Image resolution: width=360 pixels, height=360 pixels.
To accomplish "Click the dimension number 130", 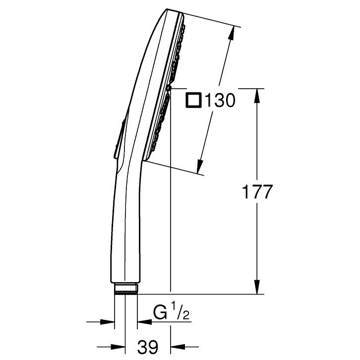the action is pyautogui.click(x=220, y=100).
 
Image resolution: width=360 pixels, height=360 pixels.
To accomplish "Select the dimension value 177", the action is pyautogui.click(x=257, y=192).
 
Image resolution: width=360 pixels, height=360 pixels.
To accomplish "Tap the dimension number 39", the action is pyautogui.click(x=148, y=347).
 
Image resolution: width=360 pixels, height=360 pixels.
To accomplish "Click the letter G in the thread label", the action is pyautogui.click(x=160, y=312).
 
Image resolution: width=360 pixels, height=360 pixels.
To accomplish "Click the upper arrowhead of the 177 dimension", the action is pyautogui.click(x=257, y=96).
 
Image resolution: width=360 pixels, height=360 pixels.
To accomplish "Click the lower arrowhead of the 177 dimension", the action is pyautogui.click(x=257, y=287).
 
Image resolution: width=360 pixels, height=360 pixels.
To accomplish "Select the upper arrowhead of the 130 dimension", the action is pyautogui.click(x=232, y=34).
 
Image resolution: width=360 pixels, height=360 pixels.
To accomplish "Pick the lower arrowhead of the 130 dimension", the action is pyautogui.click(x=200, y=166).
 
